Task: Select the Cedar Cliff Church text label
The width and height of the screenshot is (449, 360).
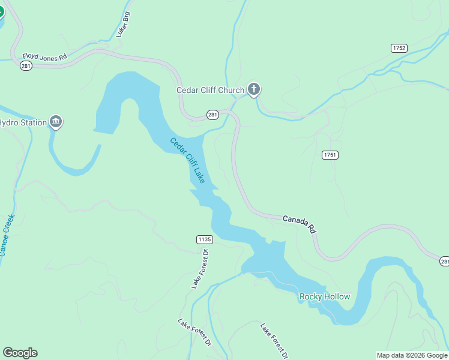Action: [210, 91]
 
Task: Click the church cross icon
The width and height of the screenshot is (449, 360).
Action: [254, 90]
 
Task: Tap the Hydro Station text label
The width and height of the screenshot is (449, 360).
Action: [23, 123]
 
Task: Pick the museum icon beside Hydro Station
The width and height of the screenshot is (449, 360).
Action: [56, 122]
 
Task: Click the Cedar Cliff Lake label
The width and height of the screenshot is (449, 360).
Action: [187, 161]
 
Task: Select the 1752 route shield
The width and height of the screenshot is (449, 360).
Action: [399, 48]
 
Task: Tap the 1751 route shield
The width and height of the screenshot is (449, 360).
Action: [330, 155]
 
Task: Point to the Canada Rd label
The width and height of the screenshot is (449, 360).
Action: [300, 223]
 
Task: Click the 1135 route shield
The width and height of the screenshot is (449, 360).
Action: [205, 239]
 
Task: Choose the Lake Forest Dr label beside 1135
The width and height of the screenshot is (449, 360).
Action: [199, 269]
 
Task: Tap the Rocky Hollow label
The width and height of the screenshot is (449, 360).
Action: [324, 297]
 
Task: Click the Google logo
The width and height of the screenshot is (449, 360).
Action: [20, 353]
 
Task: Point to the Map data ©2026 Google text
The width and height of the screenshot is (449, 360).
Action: [412, 355]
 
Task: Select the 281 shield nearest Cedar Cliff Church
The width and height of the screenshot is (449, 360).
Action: [212, 114]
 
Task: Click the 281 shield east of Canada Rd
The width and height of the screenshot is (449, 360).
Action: [444, 261]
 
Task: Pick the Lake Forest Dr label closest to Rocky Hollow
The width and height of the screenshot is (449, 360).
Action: [274, 340]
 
